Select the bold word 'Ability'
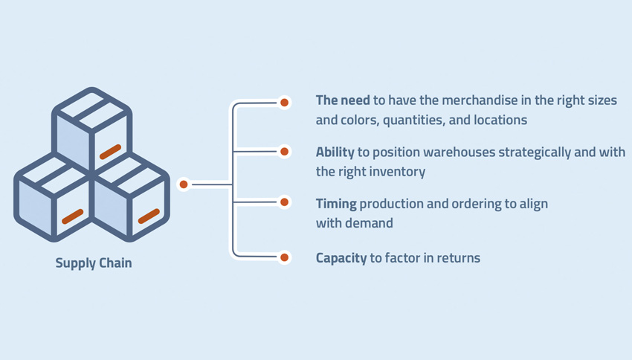tap(335, 152)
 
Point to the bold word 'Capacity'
tap(341, 258)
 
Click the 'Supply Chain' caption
tap(94, 263)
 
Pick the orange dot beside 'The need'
tap(284, 102)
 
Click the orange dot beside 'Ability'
tap(284, 152)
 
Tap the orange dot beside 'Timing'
tap(284, 202)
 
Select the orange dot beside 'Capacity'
tap(284, 258)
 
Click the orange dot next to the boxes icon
tap(184, 184)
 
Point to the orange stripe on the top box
tap(110, 152)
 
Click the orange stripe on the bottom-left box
tap(72, 216)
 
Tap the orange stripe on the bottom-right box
tap(149, 216)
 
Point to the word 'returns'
tap(457, 258)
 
